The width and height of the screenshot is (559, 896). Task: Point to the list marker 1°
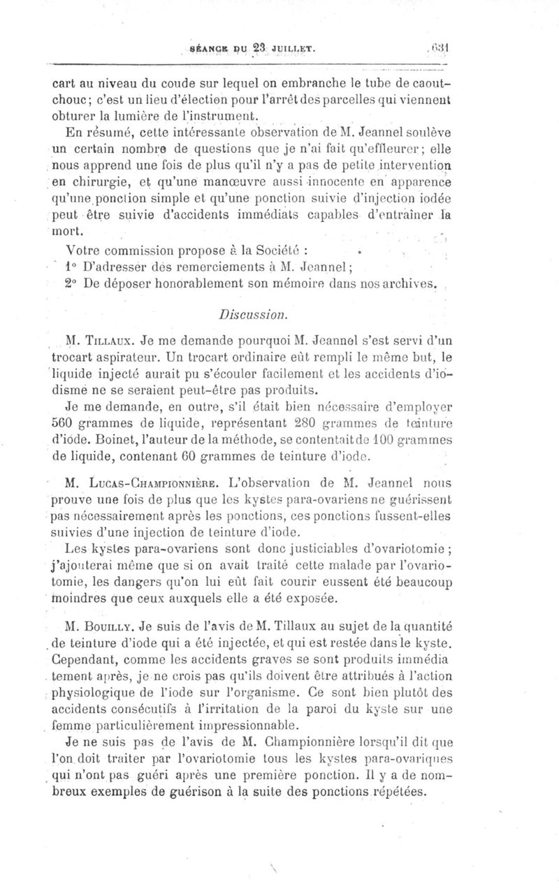[71, 266]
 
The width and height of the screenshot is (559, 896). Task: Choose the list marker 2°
[72, 283]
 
